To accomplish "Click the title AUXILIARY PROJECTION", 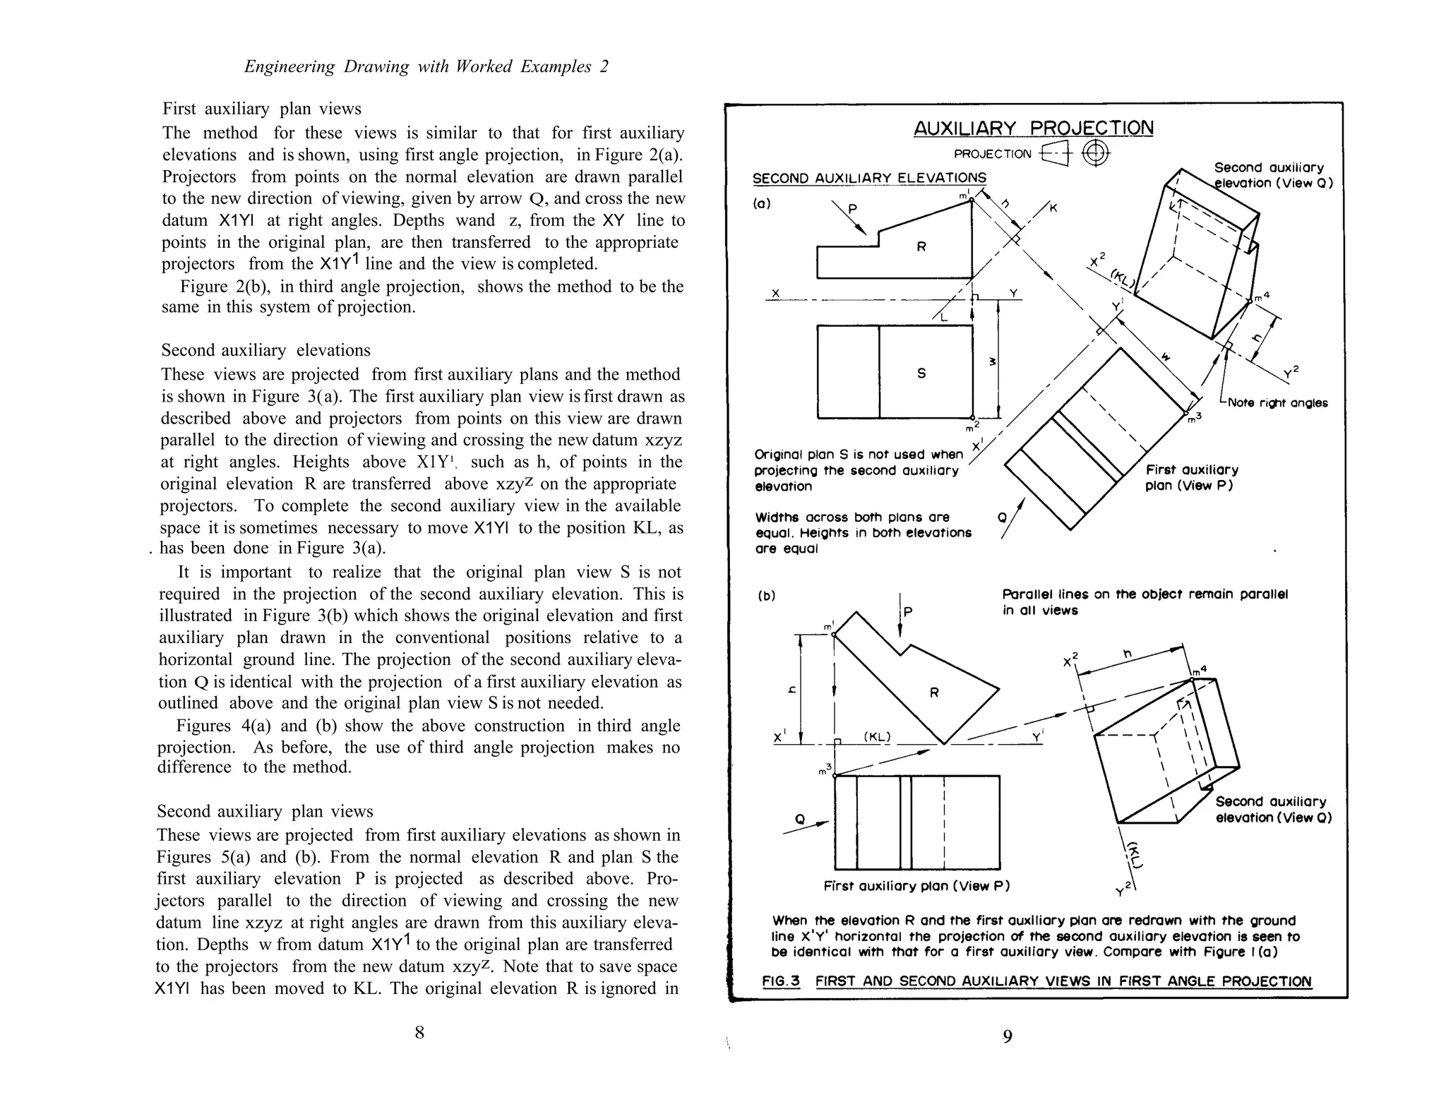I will (x=1033, y=128).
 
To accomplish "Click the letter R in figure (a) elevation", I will (x=921, y=247).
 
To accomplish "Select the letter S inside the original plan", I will (x=921, y=373).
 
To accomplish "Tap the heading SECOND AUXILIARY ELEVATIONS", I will (x=869, y=178).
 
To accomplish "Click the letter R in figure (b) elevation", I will (x=934, y=693).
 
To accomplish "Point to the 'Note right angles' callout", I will (x=1277, y=403).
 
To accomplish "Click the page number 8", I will (x=419, y=1033).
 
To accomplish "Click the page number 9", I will (x=1008, y=1036).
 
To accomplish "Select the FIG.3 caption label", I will (x=781, y=981).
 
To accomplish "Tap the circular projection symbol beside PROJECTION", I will (x=1094, y=153).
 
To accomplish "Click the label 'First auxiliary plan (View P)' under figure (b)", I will (x=916, y=886).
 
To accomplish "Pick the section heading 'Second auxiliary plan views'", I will (x=265, y=811).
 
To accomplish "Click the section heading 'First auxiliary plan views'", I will (x=262, y=109).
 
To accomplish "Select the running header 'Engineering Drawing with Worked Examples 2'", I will (x=426, y=67).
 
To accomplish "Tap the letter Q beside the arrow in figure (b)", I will (x=800, y=819).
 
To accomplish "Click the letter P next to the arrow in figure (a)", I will (x=852, y=210).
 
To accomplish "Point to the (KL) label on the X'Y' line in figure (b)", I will (x=878, y=737).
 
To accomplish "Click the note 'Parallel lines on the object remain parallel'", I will (x=1145, y=594).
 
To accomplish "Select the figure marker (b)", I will (x=765, y=595).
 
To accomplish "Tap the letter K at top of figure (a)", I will (x=1053, y=208).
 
